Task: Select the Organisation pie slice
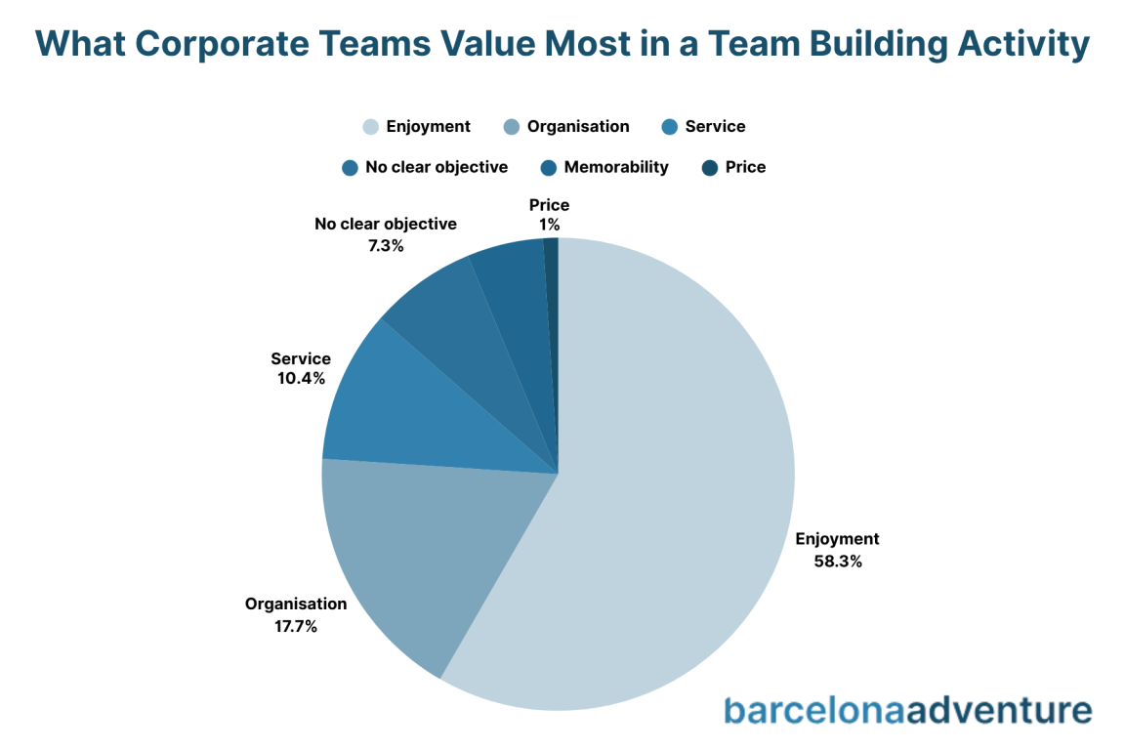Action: click(410, 557)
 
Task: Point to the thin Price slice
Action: click(552, 293)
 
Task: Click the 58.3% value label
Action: click(837, 562)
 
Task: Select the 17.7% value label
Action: click(295, 627)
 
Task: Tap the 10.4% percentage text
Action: click(301, 378)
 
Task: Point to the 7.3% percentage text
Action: click(385, 245)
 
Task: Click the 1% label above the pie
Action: click(549, 226)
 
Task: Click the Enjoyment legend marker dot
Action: click(370, 127)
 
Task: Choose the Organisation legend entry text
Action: click(578, 127)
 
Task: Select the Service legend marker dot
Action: click(669, 127)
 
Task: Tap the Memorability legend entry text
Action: click(615, 167)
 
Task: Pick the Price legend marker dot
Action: click(710, 168)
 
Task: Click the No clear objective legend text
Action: click(437, 167)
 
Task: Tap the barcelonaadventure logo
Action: click(907, 710)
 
